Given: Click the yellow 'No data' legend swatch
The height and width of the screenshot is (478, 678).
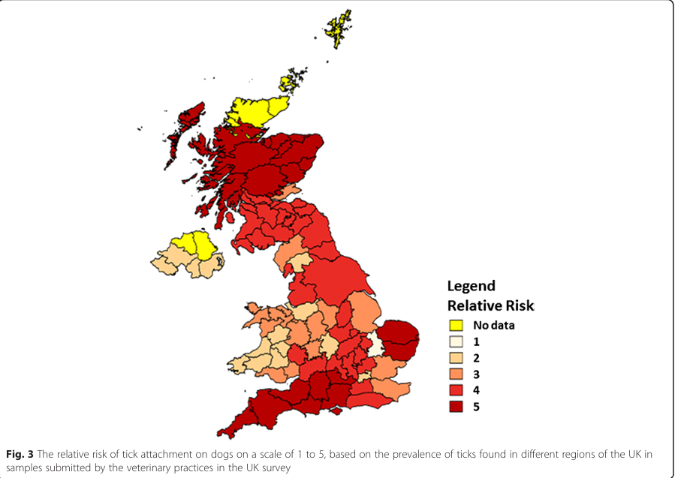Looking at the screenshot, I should pos(455,326).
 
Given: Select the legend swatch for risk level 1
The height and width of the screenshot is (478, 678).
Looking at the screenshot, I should pos(455,341).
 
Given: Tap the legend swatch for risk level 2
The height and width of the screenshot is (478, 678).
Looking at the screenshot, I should pos(455,358).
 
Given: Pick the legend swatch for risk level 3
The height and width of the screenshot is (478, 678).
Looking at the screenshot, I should pos(455,374).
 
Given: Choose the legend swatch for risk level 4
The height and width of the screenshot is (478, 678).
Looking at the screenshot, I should pos(455,390).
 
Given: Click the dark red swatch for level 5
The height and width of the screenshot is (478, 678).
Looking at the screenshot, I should pos(455,406).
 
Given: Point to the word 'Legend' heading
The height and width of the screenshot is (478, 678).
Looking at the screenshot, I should pos(472,286).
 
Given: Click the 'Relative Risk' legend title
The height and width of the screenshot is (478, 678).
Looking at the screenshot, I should pos(490,305).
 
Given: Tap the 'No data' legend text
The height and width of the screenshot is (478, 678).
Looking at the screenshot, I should pos(493,326).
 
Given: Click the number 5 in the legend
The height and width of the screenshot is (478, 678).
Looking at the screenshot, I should pos(476,407).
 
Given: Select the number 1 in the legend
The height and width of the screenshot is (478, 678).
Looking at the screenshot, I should pos(476,341).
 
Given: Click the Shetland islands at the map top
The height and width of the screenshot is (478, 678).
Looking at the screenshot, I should pos(339,28).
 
